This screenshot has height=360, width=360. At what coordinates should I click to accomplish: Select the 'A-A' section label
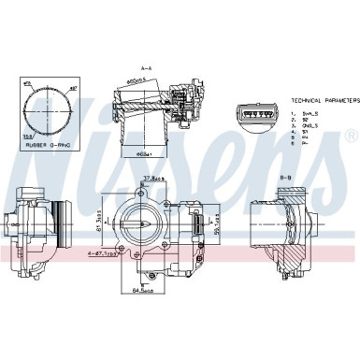(145, 69)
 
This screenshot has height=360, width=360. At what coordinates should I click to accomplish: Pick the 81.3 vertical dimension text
(97, 223)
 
